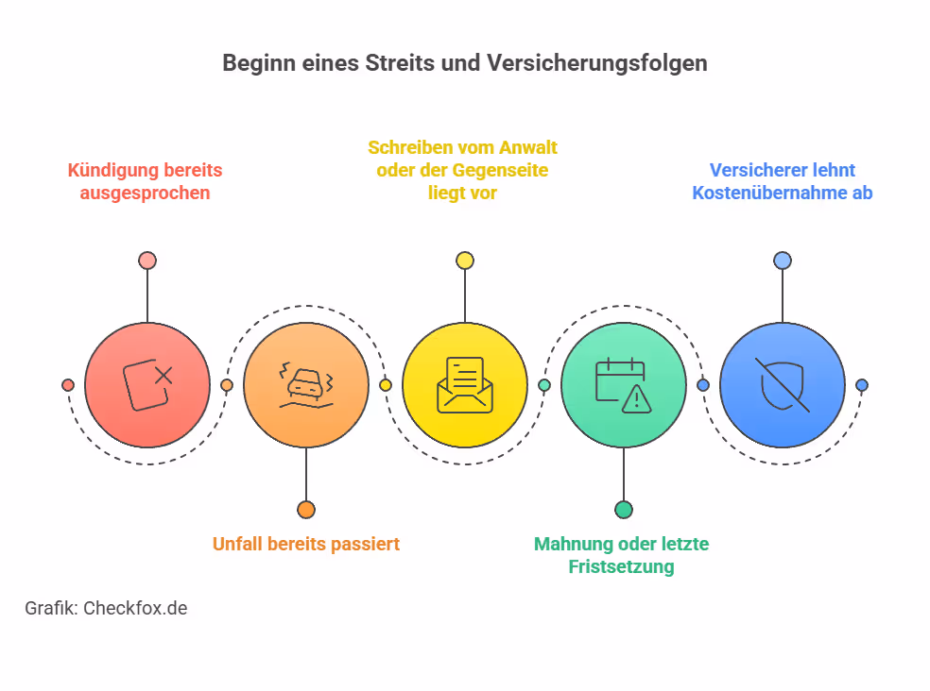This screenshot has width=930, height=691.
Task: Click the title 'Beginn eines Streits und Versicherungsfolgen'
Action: point(464,63)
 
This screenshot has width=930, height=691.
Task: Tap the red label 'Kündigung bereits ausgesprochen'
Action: point(145,181)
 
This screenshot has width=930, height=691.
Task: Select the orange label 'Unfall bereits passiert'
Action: point(305,544)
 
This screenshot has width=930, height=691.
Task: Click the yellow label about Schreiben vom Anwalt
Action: point(462,170)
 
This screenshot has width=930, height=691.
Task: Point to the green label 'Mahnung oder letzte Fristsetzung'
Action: point(621,555)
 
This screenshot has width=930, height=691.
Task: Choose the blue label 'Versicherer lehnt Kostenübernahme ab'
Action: point(782,181)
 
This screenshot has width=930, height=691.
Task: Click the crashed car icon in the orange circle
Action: point(305,385)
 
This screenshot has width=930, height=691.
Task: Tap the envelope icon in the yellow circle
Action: point(464,385)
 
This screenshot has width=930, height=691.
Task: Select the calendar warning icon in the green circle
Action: point(623,385)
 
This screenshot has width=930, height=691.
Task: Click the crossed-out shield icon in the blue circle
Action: point(782,385)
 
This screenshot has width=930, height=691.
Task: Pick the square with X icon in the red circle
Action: point(147,385)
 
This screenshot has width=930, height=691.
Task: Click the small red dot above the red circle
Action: point(146,261)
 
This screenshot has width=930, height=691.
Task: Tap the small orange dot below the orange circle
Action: point(305,510)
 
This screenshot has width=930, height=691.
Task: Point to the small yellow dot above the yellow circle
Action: point(464,261)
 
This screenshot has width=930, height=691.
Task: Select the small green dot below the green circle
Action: point(623,510)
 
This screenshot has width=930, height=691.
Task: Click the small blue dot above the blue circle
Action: point(782,261)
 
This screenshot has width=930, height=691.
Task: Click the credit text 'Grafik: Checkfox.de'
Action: point(106,608)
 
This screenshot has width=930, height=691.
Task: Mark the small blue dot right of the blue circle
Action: point(861,385)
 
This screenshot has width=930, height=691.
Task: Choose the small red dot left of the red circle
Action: point(68,385)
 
